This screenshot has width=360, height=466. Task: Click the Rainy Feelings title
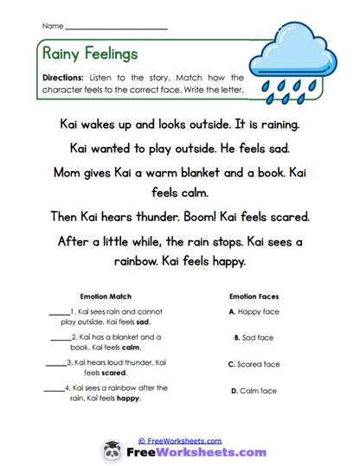point(89,54)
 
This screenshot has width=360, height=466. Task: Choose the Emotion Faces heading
point(254,296)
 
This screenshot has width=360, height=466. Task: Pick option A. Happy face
point(254,311)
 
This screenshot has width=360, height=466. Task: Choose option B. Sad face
point(254,337)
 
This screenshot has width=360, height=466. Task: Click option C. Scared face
point(254,364)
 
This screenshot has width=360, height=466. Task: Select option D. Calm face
point(254,391)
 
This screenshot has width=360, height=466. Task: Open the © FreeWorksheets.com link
point(180,440)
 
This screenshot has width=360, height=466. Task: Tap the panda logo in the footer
point(113,451)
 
